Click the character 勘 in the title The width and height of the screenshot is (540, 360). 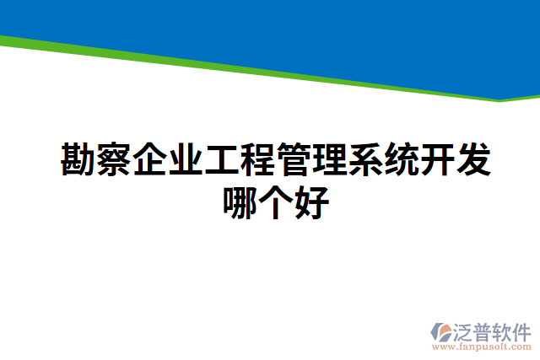point(78,159)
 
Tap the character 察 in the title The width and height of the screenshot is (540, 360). point(115,159)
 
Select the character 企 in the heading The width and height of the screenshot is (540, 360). point(150,159)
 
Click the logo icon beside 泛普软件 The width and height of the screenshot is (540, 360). point(442,331)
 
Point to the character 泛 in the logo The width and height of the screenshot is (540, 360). point(466,329)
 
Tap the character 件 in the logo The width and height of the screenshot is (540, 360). point(522,329)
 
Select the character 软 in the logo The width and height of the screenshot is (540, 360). point(504,329)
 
